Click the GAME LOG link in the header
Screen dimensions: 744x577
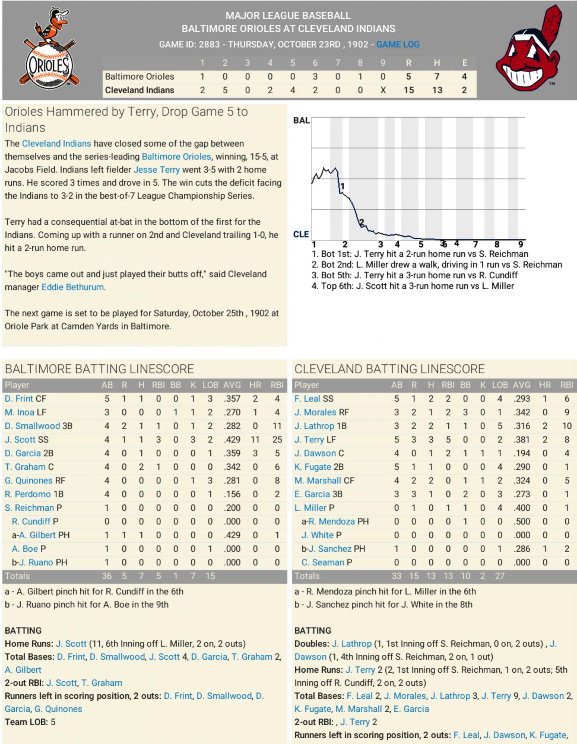click(x=398, y=44)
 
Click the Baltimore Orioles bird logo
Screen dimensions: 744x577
click(x=49, y=48)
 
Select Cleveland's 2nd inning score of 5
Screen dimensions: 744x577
click(x=225, y=90)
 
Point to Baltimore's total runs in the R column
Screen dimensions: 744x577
click(x=408, y=77)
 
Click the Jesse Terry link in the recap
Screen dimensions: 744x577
click(x=156, y=170)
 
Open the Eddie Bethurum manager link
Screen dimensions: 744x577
click(x=72, y=287)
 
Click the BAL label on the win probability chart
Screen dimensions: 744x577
click(x=301, y=120)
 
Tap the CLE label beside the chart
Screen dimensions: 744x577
click(x=301, y=234)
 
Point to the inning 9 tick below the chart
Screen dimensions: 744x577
click(x=520, y=244)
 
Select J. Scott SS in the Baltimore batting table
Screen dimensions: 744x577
click(x=27, y=440)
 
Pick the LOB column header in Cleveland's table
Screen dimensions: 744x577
click(x=499, y=385)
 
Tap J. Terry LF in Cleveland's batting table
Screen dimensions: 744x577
click(x=315, y=440)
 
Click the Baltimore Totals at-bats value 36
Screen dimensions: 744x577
click(x=107, y=576)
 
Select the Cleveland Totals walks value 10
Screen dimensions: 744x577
click(x=465, y=576)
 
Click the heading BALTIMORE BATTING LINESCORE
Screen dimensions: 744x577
click(x=99, y=369)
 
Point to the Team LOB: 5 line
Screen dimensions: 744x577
click(x=30, y=722)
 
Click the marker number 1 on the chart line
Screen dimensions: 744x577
click(x=342, y=186)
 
